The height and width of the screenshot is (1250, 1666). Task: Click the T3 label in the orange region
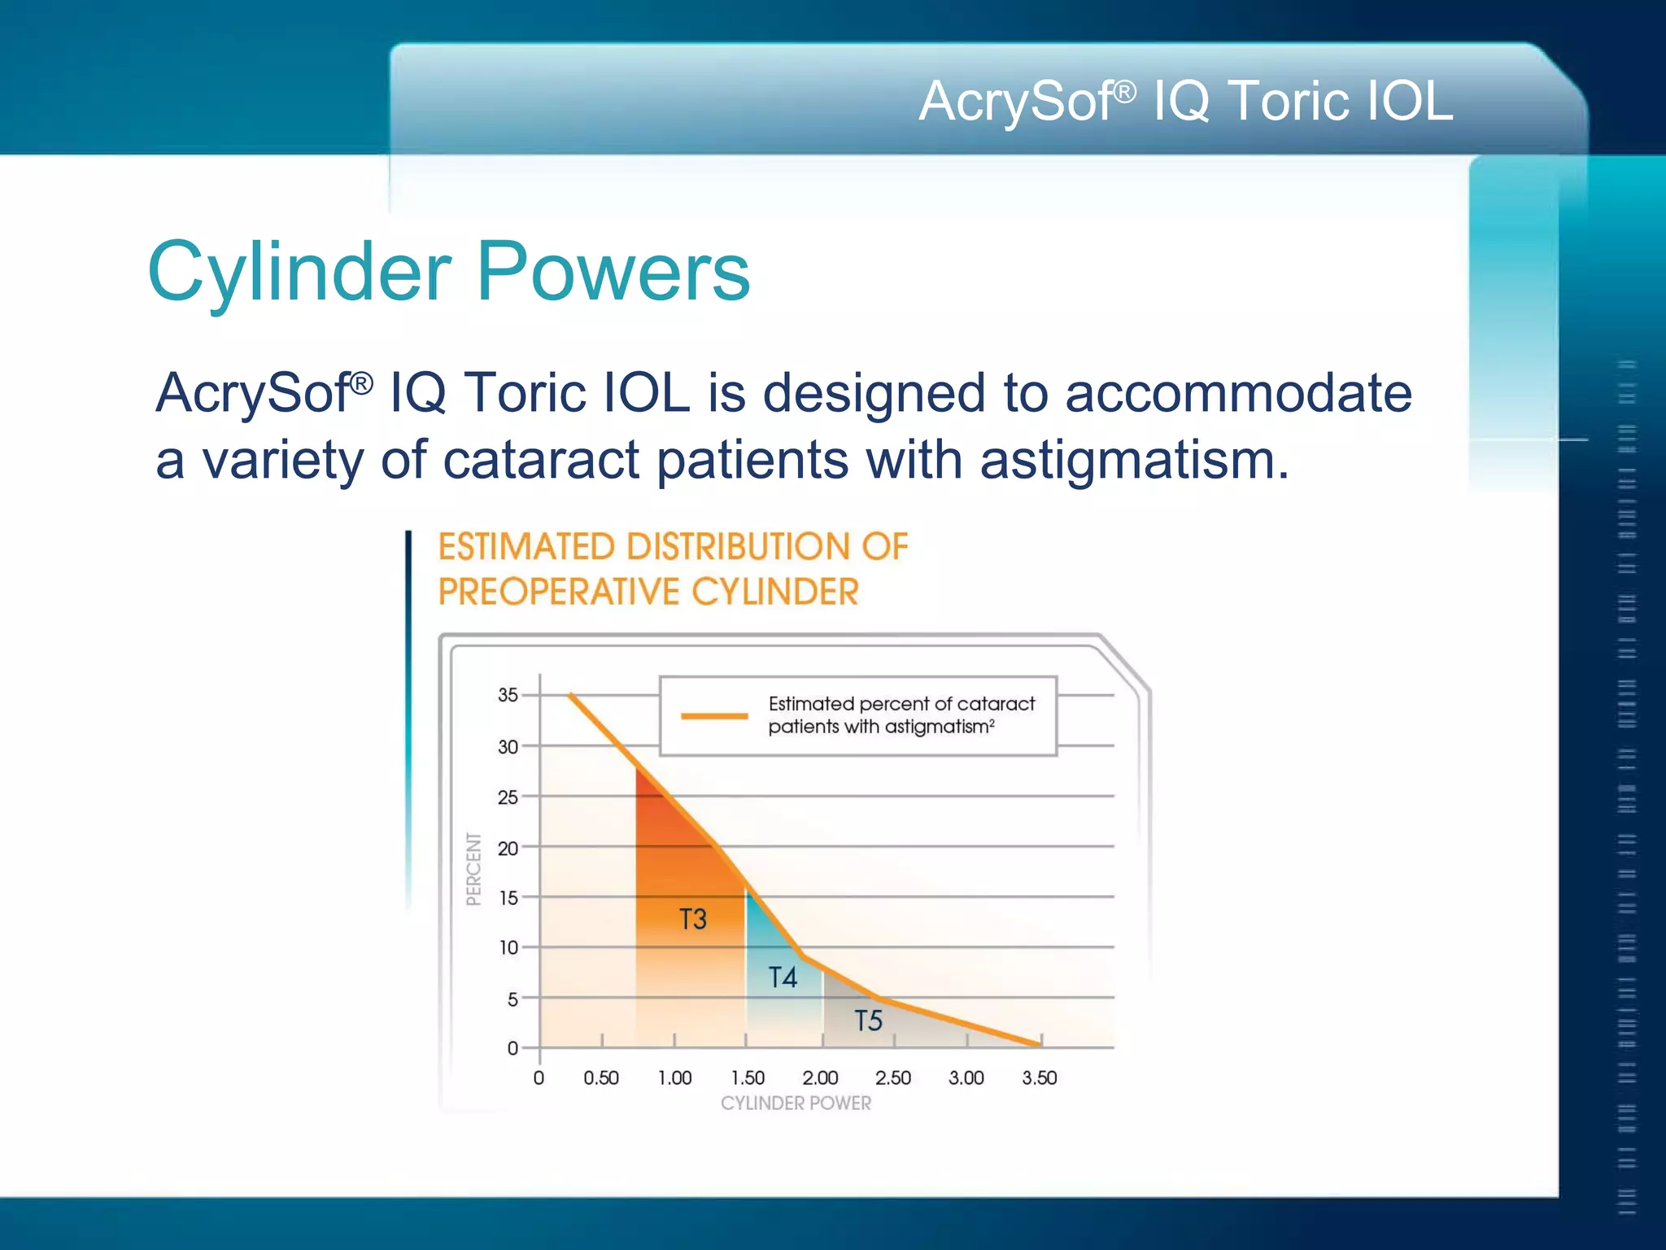click(x=693, y=920)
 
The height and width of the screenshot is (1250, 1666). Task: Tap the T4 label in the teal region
click(x=783, y=977)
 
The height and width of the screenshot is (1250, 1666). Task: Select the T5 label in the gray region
click(x=868, y=1021)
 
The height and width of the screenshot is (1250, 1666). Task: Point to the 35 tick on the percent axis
click(x=508, y=695)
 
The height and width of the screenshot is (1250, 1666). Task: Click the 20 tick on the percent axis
click(x=508, y=848)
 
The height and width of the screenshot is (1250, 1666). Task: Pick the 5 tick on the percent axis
click(x=512, y=999)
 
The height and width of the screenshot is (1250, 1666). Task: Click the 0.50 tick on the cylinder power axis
click(x=601, y=1078)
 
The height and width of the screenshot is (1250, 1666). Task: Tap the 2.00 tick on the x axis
click(x=820, y=1078)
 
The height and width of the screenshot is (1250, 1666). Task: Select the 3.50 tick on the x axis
click(x=1039, y=1078)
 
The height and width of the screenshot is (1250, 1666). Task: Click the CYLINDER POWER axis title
click(x=796, y=1104)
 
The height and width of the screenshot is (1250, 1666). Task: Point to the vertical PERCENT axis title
click(x=473, y=868)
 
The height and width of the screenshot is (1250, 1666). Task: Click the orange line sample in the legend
click(x=714, y=716)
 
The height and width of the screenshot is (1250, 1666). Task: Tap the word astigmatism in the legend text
click(x=935, y=727)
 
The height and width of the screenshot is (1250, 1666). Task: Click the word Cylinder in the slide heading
click(x=299, y=272)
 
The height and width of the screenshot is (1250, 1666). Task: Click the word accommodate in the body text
click(x=1238, y=394)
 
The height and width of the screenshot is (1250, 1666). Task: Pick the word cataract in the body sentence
click(x=540, y=461)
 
